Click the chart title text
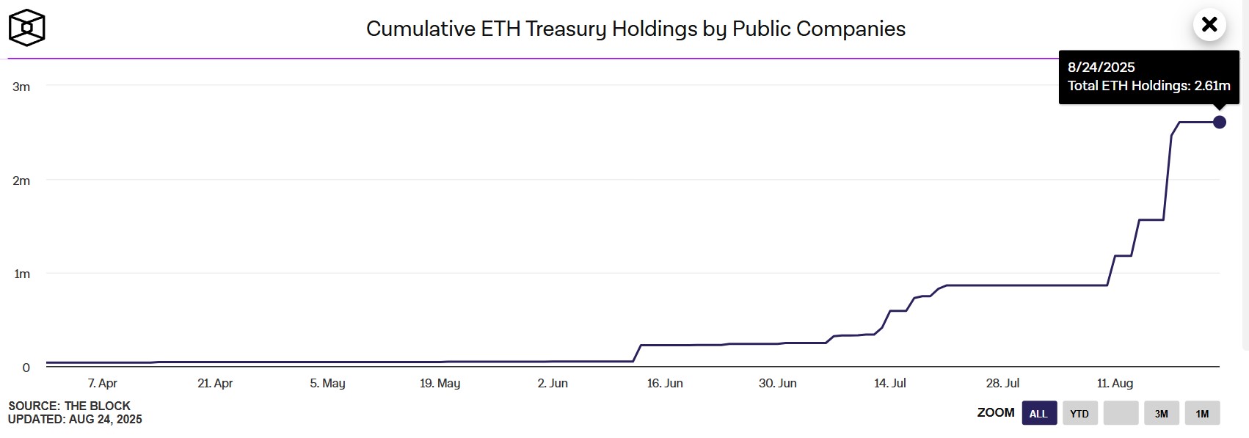[x=636, y=29]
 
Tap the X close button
[x=1209, y=25]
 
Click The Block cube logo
[x=26, y=28]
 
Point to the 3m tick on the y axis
[x=21, y=87]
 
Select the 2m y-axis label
[x=21, y=180]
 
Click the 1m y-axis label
[x=21, y=274]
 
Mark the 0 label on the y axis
[x=26, y=368]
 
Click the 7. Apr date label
[x=103, y=383]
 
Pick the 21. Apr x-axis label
[x=215, y=383]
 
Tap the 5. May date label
[x=327, y=383]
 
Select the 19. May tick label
[x=440, y=383]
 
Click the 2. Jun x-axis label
[x=553, y=383]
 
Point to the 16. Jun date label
[x=665, y=383]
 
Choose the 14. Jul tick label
[x=890, y=383]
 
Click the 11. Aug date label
[x=1115, y=383]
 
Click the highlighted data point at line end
[x=1219, y=122]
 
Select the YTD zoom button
[x=1079, y=413]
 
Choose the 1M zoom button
[x=1202, y=413]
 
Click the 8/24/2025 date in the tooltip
[x=1101, y=67]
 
